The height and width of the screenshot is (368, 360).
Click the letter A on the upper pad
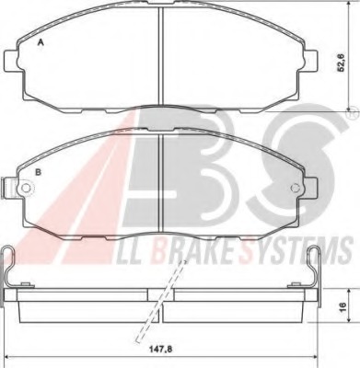(x=41, y=43)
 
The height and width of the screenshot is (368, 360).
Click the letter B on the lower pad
(x=38, y=172)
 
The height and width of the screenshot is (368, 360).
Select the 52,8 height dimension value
(x=342, y=63)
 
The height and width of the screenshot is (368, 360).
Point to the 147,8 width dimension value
(x=161, y=349)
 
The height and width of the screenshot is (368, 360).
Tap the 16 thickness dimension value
(x=343, y=305)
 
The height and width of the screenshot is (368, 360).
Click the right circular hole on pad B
(x=295, y=188)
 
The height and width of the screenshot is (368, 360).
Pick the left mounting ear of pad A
(x=12, y=59)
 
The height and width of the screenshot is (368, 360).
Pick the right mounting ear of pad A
(x=310, y=59)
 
